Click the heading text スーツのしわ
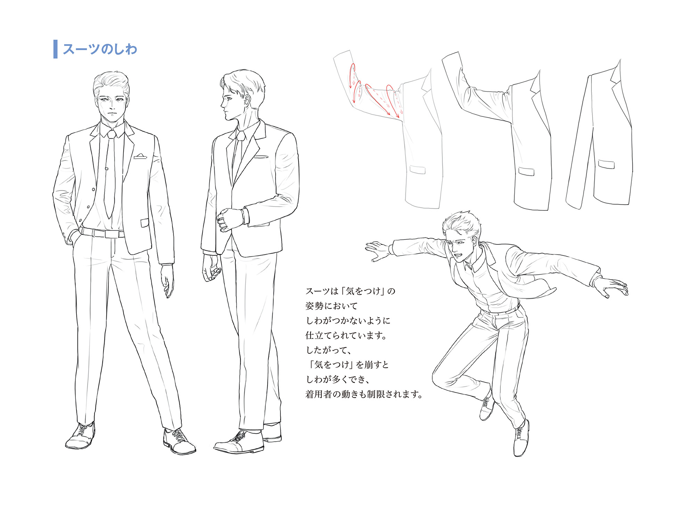click(100, 49)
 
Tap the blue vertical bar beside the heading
click(55, 49)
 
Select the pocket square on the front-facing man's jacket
click(140, 156)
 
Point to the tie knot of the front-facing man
click(111, 134)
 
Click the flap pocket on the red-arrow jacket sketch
click(417, 170)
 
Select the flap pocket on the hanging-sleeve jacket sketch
click(606, 164)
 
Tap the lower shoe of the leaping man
click(521, 439)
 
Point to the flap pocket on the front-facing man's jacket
click(145, 223)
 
